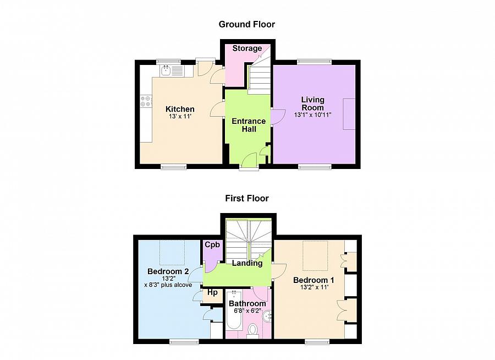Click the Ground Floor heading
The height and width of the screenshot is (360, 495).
(247, 24)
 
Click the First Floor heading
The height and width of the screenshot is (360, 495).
(247, 199)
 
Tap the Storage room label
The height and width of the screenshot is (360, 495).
(247, 48)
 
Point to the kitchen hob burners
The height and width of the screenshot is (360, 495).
(146, 101)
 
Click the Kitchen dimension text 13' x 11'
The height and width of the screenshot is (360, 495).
(180, 116)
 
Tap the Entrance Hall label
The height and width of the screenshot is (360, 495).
(249, 125)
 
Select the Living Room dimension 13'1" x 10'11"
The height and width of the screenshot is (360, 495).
(312, 114)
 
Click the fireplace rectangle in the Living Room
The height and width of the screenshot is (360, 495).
(349, 114)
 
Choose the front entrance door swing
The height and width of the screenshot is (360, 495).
(249, 158)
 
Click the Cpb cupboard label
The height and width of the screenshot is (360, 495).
(212, 244)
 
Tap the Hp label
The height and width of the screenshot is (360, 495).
(212, 292)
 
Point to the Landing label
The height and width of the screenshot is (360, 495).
(247, 263)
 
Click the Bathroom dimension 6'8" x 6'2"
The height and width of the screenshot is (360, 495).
(248, 310)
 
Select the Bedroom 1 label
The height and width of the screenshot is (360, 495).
(313, 280)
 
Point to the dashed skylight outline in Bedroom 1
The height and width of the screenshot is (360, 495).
(315, 256)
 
